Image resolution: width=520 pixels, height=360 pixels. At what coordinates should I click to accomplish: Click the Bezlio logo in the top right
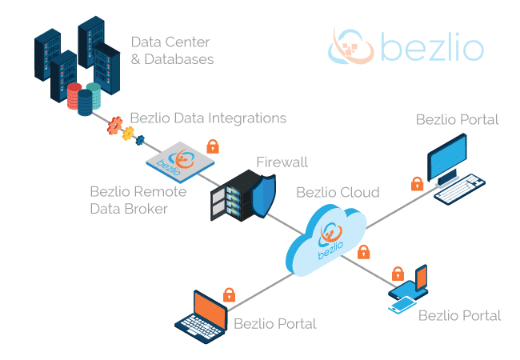pyautogui.click(x=406, y=46)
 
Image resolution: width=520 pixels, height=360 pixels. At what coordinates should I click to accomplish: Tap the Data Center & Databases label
pyautogui.click(x=172, y=50)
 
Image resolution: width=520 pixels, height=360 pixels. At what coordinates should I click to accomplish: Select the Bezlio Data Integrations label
pyautogui.click(x=207, y=118)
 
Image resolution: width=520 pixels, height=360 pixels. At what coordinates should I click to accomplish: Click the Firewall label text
pyautogui.click(x=282, y=163)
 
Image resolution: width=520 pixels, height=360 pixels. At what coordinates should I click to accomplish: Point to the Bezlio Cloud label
pyautogui.click(x=337, y=192)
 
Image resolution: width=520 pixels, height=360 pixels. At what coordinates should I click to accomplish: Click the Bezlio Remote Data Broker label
pyautogui.click(x=138, y=200)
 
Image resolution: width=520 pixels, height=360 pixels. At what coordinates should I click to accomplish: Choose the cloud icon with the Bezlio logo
pyautogui.click(x=326, y=236)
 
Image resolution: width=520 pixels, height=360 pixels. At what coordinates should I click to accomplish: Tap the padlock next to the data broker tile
pyautogui.click(x=213, y=146)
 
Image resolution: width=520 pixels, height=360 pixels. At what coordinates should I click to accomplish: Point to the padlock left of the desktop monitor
pyautogui.click(x=416, y=183)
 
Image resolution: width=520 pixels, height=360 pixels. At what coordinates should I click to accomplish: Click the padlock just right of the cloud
pyautogui.click(x=364, y=252)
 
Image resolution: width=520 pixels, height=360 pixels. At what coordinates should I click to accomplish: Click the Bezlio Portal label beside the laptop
pyautogui.click(x=274, y=324)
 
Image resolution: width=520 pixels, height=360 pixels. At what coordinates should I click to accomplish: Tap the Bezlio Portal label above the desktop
pyautogui.click(x=457, y=120)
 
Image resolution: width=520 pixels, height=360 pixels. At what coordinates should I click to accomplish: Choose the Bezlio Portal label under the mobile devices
pyautogui.click(x=459, y=315)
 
